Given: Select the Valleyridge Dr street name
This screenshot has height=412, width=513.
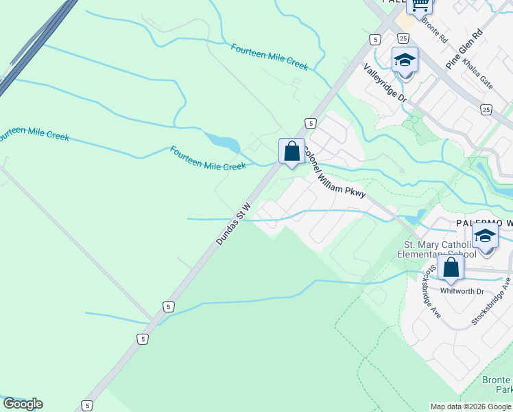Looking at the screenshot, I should tap(385, 84).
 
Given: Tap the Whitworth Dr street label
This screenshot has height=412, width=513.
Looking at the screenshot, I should tap(462, 291).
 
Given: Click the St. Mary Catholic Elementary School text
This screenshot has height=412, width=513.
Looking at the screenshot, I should tap(436, 249).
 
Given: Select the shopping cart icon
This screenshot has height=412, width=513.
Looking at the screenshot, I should tap(420, 5).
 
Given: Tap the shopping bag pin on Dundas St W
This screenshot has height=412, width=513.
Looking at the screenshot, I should tap(291, 150).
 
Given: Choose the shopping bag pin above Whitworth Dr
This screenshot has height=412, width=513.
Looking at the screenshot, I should tap(451, 267).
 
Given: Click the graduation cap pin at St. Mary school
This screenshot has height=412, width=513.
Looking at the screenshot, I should tap(485, 237).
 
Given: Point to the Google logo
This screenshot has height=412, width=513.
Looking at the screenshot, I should tap(23, 404).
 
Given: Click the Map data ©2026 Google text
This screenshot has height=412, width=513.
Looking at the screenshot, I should tap(470, 407).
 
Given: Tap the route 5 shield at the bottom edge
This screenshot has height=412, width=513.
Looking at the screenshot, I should tap(86, 406).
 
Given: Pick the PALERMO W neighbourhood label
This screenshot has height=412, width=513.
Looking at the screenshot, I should tap(484, 224).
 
